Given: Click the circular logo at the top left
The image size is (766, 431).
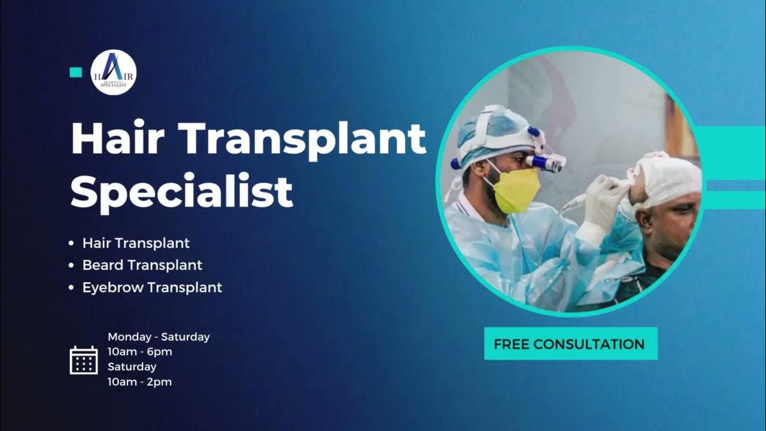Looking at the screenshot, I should (113, 72).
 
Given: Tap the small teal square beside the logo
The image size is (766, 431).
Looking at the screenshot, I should (75, 72).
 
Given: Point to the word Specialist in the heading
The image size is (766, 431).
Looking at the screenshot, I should (182, 190).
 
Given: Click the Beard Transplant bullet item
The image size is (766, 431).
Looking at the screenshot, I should (142, 265).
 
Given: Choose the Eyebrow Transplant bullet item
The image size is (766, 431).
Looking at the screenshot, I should (152, 287).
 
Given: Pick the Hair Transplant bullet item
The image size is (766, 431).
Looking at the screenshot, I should (136, 243).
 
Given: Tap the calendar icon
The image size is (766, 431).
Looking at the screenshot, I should (84, 360).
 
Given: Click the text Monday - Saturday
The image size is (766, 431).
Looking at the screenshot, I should (159, 336).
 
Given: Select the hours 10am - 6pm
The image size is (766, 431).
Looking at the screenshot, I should (140, 351).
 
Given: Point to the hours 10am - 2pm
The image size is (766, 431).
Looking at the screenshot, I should (139, 381).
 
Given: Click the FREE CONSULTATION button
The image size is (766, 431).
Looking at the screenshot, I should (570, 344).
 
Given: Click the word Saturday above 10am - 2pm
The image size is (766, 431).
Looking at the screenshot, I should (132, 366).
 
